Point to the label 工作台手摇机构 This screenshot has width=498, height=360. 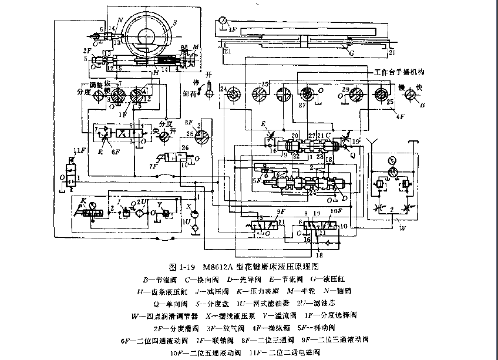click(x=400, y=72)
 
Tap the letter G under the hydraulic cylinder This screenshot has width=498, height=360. click(x=352, y=53)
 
